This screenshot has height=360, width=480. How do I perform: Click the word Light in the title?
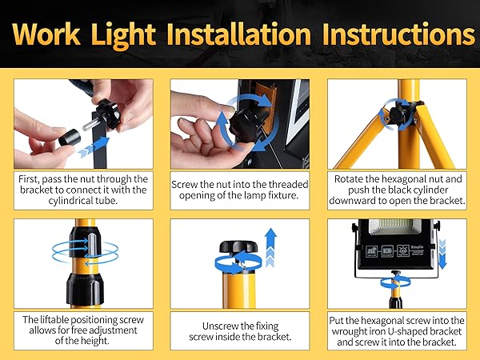123,35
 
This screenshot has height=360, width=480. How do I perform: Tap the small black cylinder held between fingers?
70,138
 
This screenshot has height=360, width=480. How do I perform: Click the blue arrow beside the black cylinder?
94,147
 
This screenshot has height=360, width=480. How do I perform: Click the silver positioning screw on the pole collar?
92,245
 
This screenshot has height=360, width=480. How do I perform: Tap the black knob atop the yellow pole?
238,246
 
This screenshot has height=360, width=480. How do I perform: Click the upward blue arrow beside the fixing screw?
270,247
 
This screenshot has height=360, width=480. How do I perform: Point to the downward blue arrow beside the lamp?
442,254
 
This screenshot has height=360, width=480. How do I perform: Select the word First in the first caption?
29,178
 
